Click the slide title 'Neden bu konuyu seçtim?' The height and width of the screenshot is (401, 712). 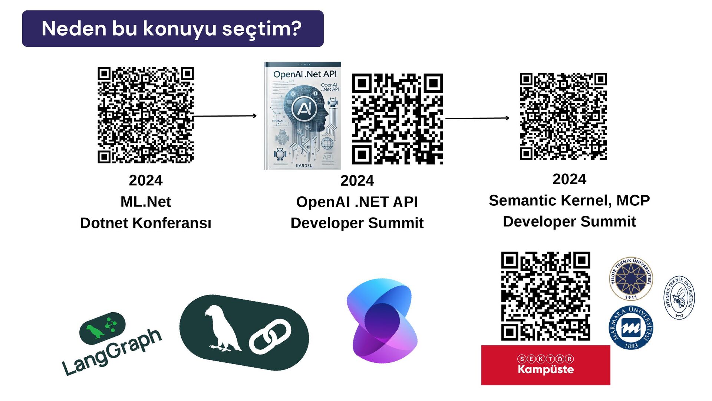pyautogui.click(x=171, y=29)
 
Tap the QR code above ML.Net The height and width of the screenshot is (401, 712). pyautogui.click(x=145, y=115)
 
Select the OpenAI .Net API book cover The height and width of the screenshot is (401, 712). pyautogui.click(x=302, y=116)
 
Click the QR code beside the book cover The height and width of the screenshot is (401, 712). pyautogui.click(x=397, y=119)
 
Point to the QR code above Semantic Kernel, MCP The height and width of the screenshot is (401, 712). pyautogui.click(x=563, y=116)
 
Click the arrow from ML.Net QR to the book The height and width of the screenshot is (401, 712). pyautogui.click(x=225, y=116)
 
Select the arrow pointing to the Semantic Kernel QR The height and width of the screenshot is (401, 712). pyautogui.click(x=477, y=118)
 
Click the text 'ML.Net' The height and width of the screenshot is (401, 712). pyautogui.click(x=145, y=202)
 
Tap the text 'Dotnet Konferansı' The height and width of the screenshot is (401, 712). pyautogui.click(x=145, y=223)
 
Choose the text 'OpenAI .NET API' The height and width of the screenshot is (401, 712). pyautogui.click(x=357, y=202)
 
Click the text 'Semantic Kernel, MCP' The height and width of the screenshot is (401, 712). pyautogui.click(x=569, y=200)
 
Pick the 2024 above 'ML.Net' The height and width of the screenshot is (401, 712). pyautogui.click(x=145, y=180)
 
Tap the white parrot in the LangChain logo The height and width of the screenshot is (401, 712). pyautogui.click(x=222, y=329)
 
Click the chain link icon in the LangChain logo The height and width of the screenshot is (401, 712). pyautogui.click(x=270, y=337)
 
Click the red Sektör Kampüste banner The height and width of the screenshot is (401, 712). pyautogui.click(x=545, y=365)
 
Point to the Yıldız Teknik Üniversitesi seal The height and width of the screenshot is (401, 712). pyautogui.click(x=631, y=278)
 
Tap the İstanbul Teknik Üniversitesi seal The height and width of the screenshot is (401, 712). pyautogui.click(x=679, y=297)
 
